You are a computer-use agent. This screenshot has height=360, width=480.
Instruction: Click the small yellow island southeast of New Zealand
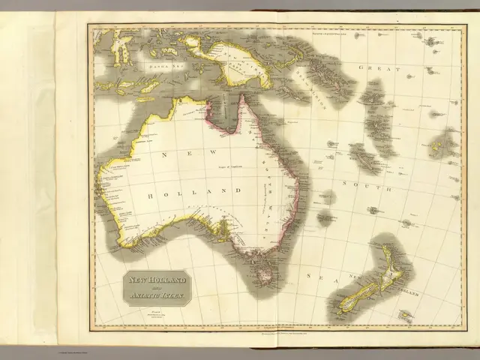(x=406, y=316)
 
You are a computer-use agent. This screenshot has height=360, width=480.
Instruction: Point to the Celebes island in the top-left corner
(x=120, y=49)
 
